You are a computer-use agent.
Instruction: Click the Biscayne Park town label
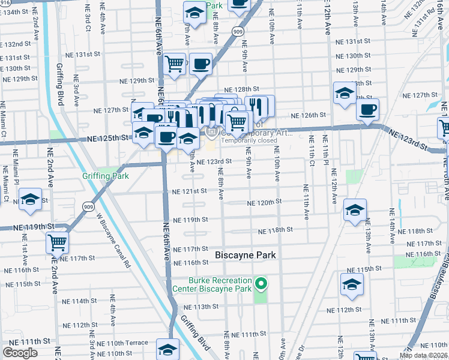point(246,255)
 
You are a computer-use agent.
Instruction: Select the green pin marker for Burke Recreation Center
point(261,283)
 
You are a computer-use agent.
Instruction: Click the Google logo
point(20,353)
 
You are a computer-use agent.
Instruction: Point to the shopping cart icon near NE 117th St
point(58,242)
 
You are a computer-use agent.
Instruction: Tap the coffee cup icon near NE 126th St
point(367,110)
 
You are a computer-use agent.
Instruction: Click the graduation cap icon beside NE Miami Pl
point(29,200)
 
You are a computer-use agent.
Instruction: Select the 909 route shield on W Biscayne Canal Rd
point(87,206)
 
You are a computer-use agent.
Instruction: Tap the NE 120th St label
point(264,203)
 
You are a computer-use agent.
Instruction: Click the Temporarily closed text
point(249,141)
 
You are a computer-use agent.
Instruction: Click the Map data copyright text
point(423,355)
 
